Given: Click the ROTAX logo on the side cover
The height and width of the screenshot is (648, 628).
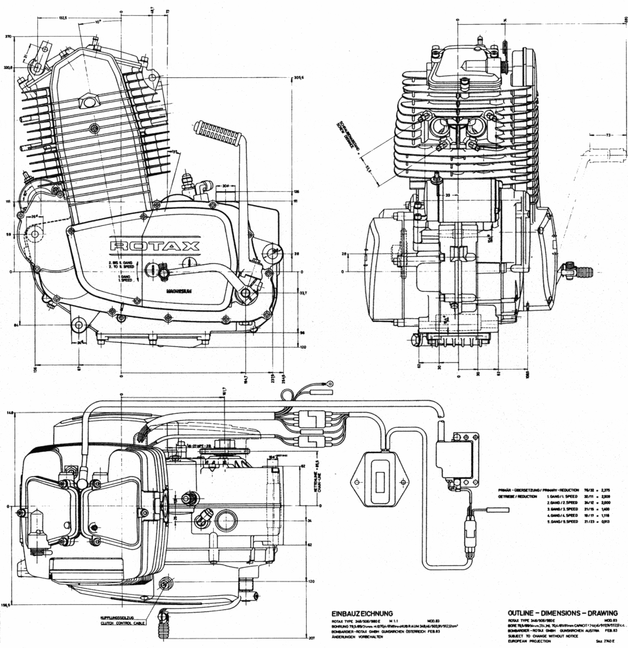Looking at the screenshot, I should tap(155, 246).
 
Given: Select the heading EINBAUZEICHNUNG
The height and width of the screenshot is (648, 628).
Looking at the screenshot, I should tap(362, 613).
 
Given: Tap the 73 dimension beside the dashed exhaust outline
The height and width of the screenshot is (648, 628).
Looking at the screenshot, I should tap(606, 135).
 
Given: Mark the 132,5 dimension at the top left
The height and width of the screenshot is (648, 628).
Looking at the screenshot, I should tap(63, 18).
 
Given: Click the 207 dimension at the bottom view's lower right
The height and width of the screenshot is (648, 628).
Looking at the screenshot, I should tap(293, 640).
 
